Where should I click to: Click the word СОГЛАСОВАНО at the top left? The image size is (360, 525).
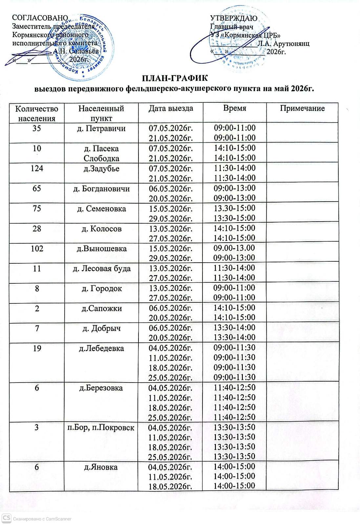pos(40,18)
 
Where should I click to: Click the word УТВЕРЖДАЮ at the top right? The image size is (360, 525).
pos(233,18)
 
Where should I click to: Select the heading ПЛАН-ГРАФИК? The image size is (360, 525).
pos(175,79)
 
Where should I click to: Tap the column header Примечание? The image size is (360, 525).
pos(302,109)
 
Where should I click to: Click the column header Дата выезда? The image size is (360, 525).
pos(171,109)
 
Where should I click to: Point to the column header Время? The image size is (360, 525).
pos(234,109)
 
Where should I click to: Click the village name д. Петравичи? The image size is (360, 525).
pos(101,128)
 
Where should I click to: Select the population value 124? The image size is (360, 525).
pos(37,169)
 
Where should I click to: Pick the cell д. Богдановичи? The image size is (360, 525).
pos(101,189)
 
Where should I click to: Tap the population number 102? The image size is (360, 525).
pos(37,249)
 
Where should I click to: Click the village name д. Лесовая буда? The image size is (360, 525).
pos(101,269)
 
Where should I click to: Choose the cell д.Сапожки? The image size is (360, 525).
pos(101,308)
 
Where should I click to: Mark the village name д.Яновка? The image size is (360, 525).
pos(101,467)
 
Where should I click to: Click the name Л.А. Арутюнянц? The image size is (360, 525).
pos(283,44)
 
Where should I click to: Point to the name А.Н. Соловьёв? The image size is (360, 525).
pos(75,52)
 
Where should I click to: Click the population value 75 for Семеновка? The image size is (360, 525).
pos(37,208)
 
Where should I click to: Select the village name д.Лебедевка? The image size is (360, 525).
pos(101,348)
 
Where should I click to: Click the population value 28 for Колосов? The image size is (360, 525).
pos(37,229)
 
